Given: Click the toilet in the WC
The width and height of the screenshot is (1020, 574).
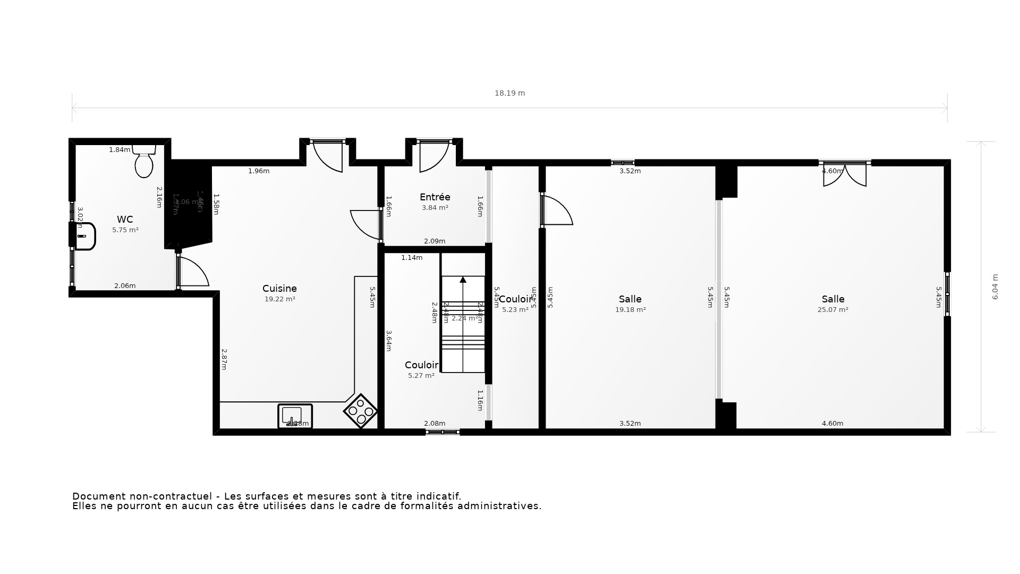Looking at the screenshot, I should (144, 162).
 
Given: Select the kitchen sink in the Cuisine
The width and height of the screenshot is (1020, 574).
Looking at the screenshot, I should (295, 416).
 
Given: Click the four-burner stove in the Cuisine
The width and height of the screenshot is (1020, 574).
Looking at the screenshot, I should (361, 411).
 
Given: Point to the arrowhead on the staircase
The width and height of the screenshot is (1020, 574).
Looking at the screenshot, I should (463, 280).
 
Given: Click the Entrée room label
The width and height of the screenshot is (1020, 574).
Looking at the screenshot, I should (435, 197).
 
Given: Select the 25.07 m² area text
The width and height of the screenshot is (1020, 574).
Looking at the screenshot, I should (832, 310).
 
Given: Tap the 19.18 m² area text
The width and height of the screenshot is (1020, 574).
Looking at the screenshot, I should (630, 310).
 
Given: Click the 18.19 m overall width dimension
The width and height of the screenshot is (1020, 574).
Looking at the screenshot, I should (509, 93).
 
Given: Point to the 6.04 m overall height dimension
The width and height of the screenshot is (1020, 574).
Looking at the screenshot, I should (995, 287).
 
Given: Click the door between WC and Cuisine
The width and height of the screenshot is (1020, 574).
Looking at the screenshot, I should (192, 272).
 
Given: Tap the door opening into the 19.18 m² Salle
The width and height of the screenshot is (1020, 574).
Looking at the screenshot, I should (557, 211).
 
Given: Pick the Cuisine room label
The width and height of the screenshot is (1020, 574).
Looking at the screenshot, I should (279, 289).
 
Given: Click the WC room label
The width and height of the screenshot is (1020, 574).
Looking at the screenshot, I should (125, 220).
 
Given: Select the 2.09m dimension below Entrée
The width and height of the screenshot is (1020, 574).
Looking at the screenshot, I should (435, 241).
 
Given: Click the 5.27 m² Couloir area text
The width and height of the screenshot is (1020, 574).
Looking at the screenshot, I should (421, 376).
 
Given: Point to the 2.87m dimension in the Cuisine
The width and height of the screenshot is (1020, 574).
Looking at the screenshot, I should (224, 359).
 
